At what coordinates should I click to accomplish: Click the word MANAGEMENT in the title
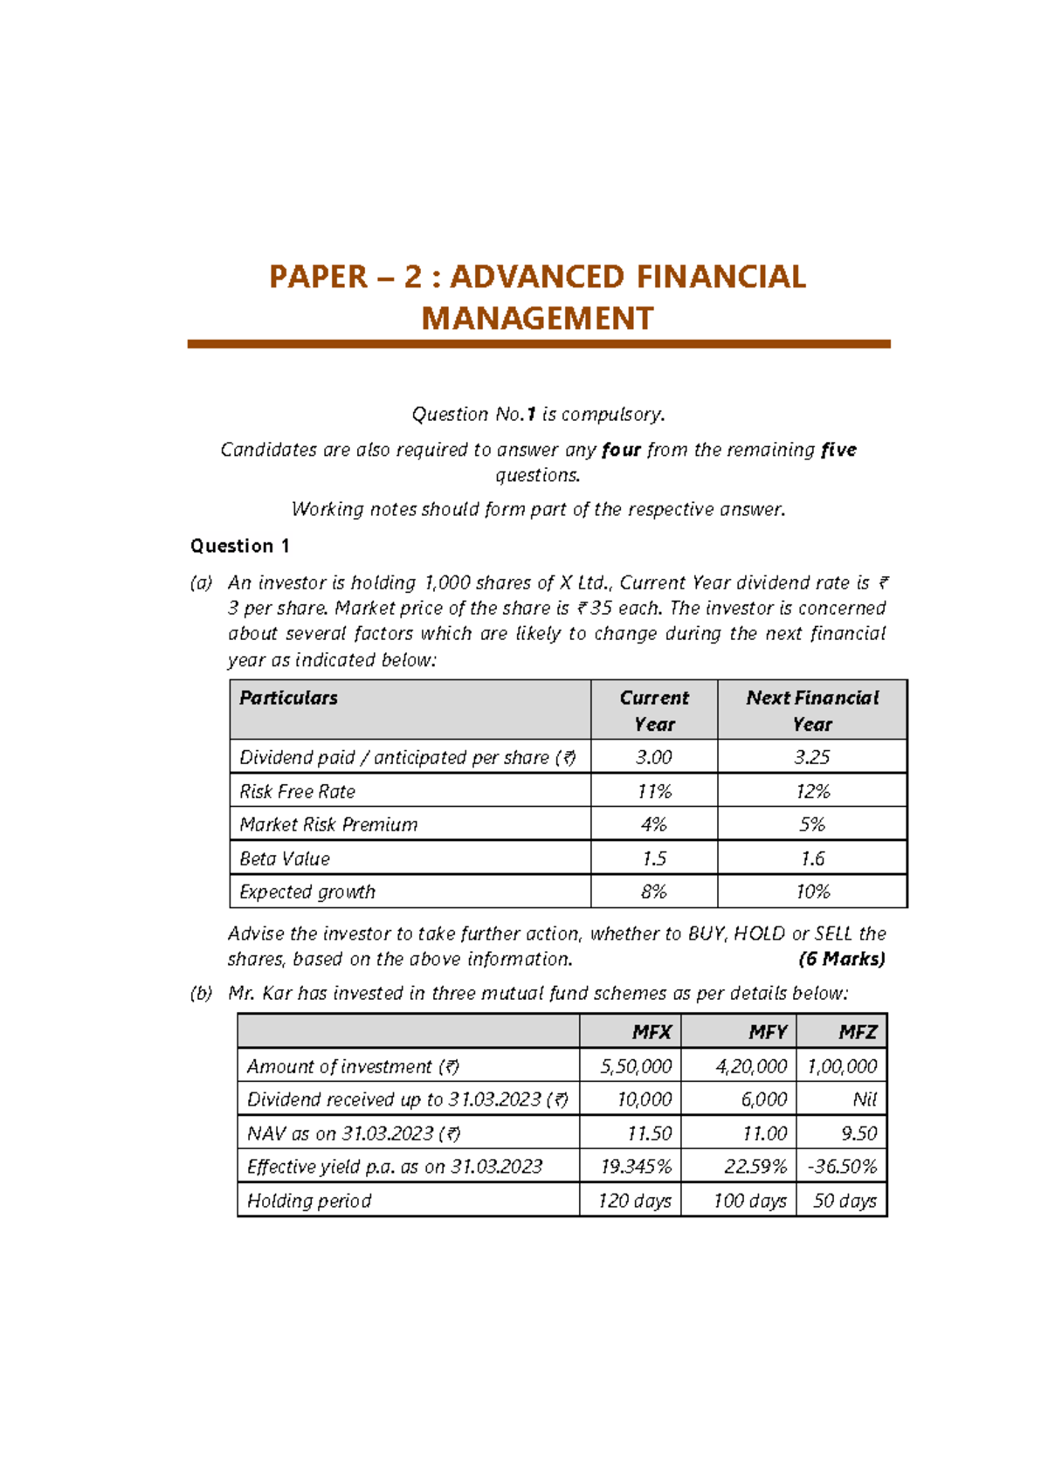(537, 319)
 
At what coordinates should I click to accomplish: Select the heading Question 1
(239, 546)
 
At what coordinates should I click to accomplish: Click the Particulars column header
(288, 698)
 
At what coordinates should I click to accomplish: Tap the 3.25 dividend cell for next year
(811, 757)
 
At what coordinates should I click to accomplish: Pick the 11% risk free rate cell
(653, 791)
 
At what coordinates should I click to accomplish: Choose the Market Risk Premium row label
(328, 824)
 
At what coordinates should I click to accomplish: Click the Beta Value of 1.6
(811, 858)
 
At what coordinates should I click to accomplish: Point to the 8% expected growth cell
(653, 892)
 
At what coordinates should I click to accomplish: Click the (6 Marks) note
(841, 959)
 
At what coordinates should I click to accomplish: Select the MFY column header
(767, 1032)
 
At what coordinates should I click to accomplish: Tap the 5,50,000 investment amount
(635, 1066)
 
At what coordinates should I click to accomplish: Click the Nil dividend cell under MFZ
(864, 1099)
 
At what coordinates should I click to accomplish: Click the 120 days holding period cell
(634, 1201)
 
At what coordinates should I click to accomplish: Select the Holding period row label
(309, 1201)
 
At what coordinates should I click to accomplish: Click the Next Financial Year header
(811, 710)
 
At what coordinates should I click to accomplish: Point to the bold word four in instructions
(621, 450)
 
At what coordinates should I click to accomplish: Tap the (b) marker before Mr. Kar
(201, 993)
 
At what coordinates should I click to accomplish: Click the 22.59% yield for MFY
(755, 1167)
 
